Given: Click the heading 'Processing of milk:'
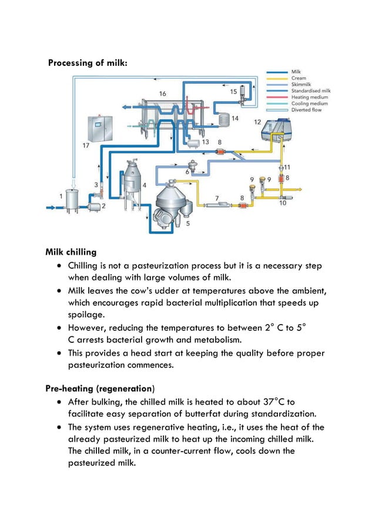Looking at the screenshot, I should pos(86,63).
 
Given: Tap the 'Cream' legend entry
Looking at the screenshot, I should pos(299,78).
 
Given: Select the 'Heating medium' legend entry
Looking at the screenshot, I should pos(307,97).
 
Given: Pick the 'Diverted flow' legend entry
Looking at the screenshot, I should pos(306,110).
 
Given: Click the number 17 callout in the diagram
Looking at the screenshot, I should pos(86,145).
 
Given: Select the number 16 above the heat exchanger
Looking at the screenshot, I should pos(162,93).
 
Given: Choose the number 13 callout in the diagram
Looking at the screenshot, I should pos(205,142).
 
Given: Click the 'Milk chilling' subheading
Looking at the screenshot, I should pos(71,253).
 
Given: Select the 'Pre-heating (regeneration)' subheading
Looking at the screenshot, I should pos(100,389).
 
